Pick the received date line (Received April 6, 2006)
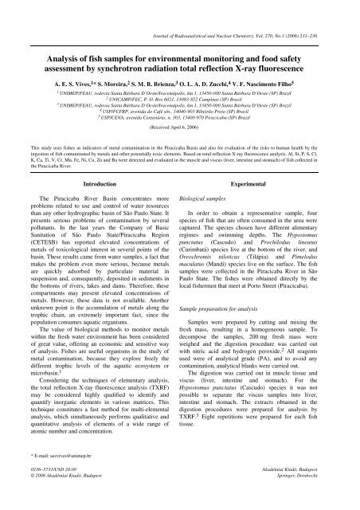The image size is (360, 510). click(180, 126)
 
